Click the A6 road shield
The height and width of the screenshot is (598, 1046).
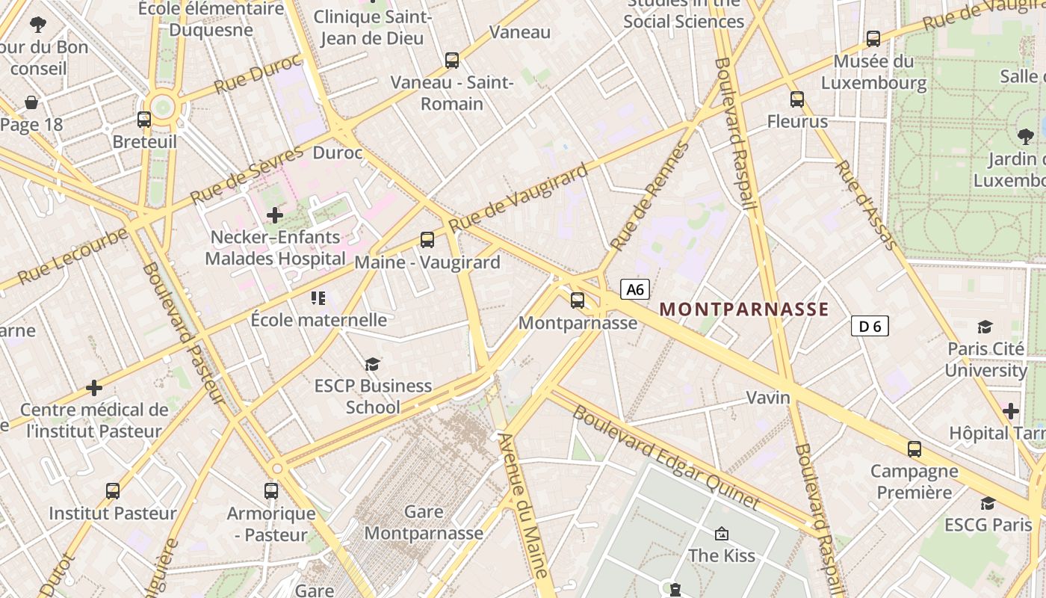click(635, 289)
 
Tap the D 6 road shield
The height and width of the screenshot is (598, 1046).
click(870, 326)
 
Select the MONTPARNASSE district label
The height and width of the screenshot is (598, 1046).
click(744, 309)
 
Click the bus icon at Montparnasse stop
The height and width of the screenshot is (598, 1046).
click(578, 300)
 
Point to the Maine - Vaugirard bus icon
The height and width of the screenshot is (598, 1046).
click(427, 240)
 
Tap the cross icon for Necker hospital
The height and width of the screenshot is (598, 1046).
click(275, 215)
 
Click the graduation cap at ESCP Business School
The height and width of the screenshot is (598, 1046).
click(372, 364)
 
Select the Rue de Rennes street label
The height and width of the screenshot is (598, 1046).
click(649, 197)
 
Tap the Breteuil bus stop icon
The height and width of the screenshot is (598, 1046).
click(144, 119)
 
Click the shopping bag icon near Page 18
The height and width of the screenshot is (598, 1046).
click(31, 102)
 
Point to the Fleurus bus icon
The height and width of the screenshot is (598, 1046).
click(797, 99)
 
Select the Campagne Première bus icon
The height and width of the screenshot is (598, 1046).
click(915, 449)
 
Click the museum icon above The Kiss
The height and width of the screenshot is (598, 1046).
click(722, 534)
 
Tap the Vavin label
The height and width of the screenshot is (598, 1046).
click(768, 398)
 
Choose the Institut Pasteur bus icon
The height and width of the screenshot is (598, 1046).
click(113, 491)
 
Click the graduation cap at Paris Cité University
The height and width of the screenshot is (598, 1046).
click(985, 327)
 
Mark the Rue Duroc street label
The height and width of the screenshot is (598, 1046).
click(257, 73)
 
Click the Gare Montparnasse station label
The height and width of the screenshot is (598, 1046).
click(424, 523)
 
